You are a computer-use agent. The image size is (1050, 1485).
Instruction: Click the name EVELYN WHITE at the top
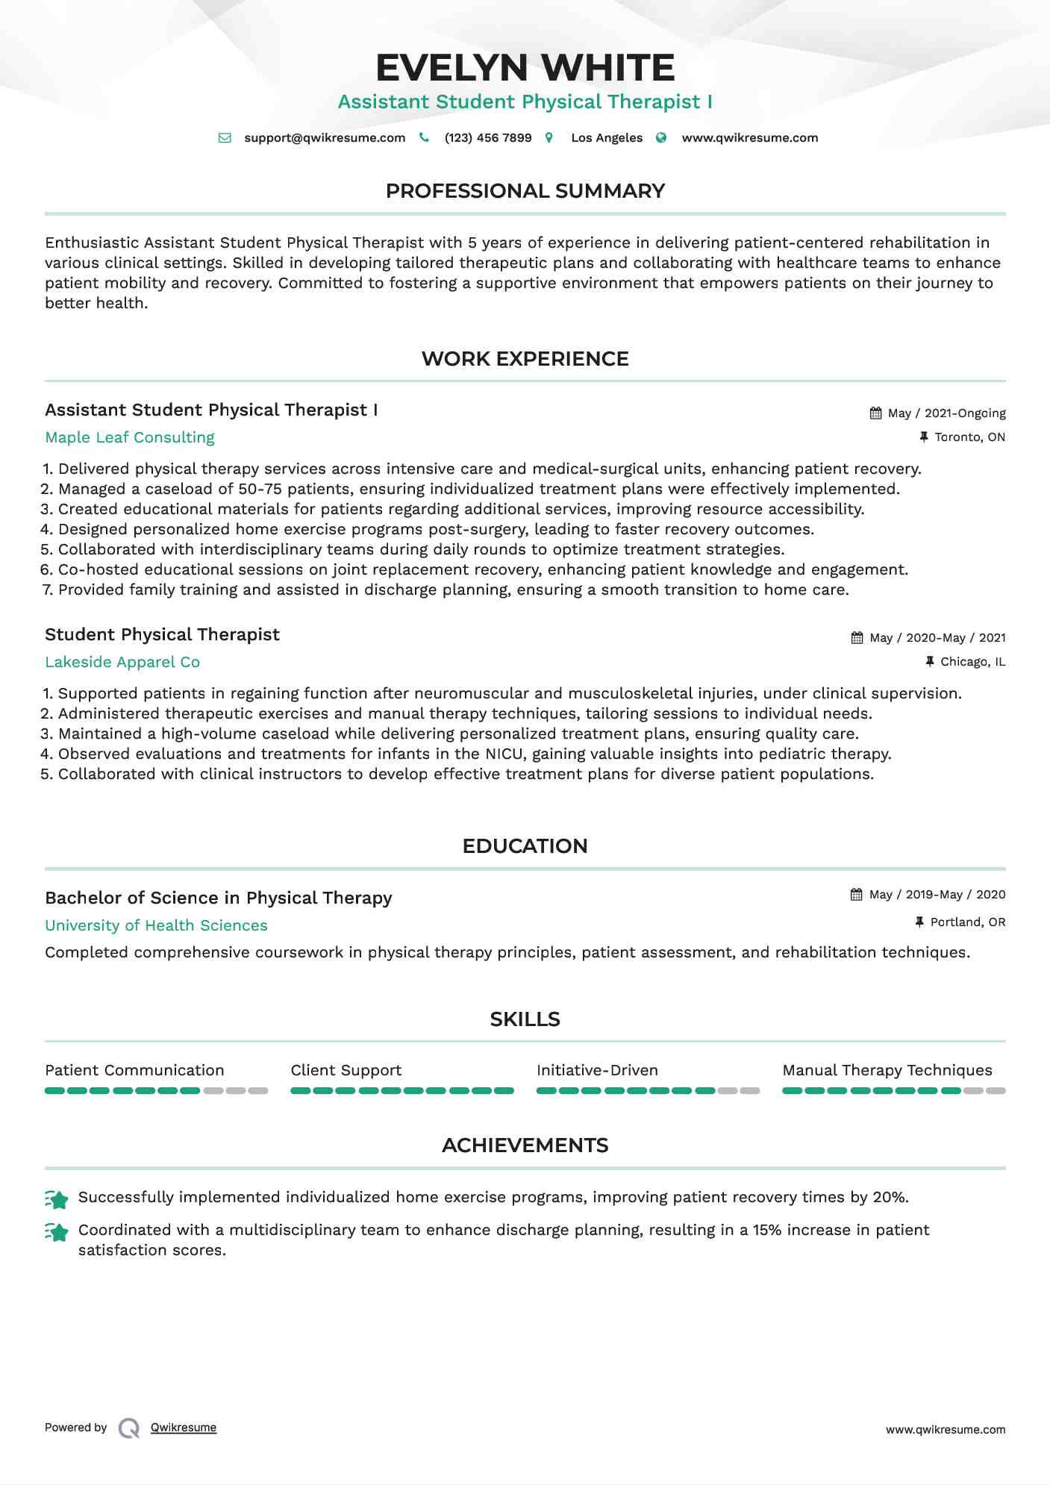(x=525, y=68)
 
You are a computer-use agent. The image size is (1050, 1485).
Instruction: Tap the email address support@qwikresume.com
(x=325, y=138)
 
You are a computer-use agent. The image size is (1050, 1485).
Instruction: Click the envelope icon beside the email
(x=225, y=138)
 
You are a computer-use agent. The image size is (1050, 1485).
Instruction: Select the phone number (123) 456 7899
(x=488, y=138)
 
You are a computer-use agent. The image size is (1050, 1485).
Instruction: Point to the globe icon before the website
(x=661, y=138)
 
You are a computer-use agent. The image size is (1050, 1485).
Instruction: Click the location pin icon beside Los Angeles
(x=549, y=138)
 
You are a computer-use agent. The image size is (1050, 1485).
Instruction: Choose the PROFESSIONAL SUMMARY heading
(x=525, y=191)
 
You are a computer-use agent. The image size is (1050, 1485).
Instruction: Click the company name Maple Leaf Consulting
(x=130, y=438)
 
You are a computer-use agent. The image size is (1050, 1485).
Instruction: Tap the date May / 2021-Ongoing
(x=946, y=413)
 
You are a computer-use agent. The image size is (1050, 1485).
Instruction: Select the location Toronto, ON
(x=969, y=437)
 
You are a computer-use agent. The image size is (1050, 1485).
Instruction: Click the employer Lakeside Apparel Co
(x=122, y=663)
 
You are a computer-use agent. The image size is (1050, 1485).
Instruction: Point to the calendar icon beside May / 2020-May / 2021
(x=857, y=638)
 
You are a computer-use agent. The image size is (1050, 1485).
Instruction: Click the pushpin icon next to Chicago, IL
(x=930, y=662)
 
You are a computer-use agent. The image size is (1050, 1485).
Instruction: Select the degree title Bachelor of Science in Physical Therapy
(x=218, y=898)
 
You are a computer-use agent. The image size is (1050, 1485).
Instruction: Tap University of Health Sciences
(x=156, y=926)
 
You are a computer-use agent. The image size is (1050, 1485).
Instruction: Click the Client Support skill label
(x=346, y=1071)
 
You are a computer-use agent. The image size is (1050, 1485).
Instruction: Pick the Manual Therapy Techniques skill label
(x=887, y=1071)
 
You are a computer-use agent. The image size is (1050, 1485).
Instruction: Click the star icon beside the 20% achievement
(x=57, y=1199)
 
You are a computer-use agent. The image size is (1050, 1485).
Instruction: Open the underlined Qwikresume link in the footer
(x=184, y=1428)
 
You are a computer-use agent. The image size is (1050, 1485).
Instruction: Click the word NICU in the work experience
(x=504, y=754)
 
